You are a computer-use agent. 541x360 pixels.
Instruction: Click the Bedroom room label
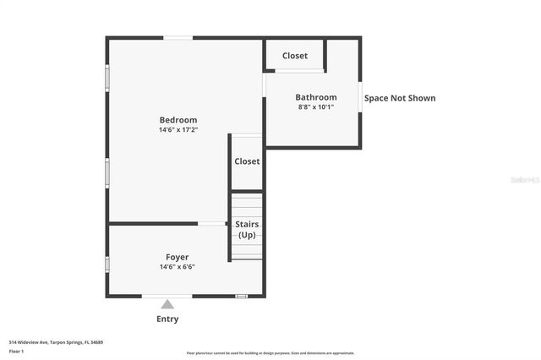178,120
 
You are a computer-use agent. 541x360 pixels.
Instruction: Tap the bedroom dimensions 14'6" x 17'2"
178,130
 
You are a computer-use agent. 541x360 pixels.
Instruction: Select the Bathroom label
315,97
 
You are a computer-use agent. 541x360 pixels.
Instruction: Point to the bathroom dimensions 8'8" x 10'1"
315,106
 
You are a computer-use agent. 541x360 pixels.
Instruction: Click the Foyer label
177,257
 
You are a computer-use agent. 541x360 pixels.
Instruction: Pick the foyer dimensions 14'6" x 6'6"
177,267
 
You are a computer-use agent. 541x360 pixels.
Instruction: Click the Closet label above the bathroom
295,56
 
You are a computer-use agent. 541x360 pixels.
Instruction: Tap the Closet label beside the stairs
247,161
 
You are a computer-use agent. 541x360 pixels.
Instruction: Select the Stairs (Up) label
247,229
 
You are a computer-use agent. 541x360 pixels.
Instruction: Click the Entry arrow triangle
167,304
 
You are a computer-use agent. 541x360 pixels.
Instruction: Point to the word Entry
167,319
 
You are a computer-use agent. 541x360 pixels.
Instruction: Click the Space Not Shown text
400,98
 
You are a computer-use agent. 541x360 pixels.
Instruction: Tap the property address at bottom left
56,342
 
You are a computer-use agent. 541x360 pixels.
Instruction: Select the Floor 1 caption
16,351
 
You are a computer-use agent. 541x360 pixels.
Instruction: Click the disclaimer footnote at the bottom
270,353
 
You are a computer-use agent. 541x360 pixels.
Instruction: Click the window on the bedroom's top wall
178,37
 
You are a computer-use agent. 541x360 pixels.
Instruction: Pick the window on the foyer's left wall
107,265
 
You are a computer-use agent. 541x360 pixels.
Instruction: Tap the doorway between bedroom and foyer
210,224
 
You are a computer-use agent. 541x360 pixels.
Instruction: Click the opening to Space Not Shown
361,97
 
